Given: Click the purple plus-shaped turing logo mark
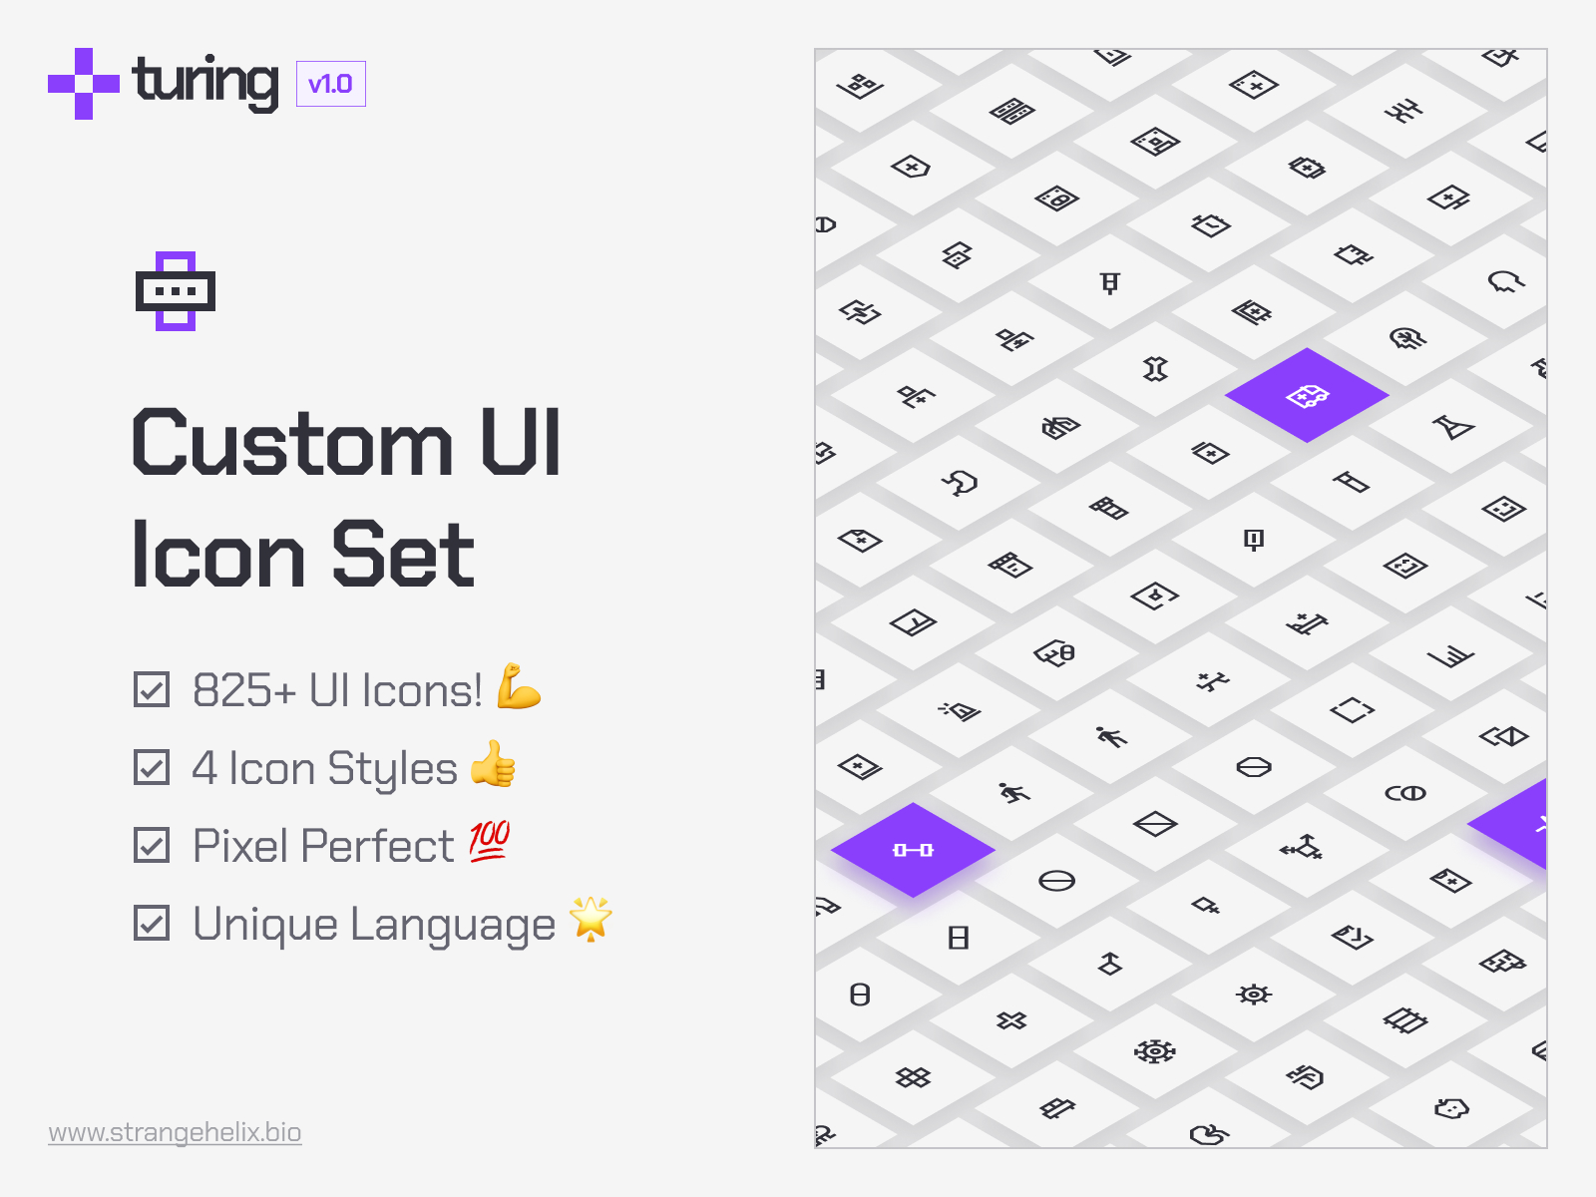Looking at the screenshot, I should (x=83, y=84).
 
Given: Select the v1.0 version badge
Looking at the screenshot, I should (x=330, y=84).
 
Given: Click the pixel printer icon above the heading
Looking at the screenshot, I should (x=176, y=291).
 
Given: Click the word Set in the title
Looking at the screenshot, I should (x=403, y=555).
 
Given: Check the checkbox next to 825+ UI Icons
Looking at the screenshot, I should (x=152, y=689).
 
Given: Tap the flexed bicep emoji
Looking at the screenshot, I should (x=518, y=686).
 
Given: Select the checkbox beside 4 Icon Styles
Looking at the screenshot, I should (x=152, y=767).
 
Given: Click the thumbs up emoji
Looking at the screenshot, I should (x=494, y=764).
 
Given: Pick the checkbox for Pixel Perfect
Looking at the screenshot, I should (x=152, y=845).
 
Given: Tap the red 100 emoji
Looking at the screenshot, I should (x=490, y=841).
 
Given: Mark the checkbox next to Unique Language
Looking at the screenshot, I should (x=152, y=923).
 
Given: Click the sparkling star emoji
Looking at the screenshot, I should (x=591, y=919).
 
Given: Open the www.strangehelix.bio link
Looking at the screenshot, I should (x=175, y=1132).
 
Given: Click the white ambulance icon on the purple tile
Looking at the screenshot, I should (x=1307, y=396).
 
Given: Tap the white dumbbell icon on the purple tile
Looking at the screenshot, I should (x=913, y=850).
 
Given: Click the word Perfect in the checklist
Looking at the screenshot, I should (x=378, y=846).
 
